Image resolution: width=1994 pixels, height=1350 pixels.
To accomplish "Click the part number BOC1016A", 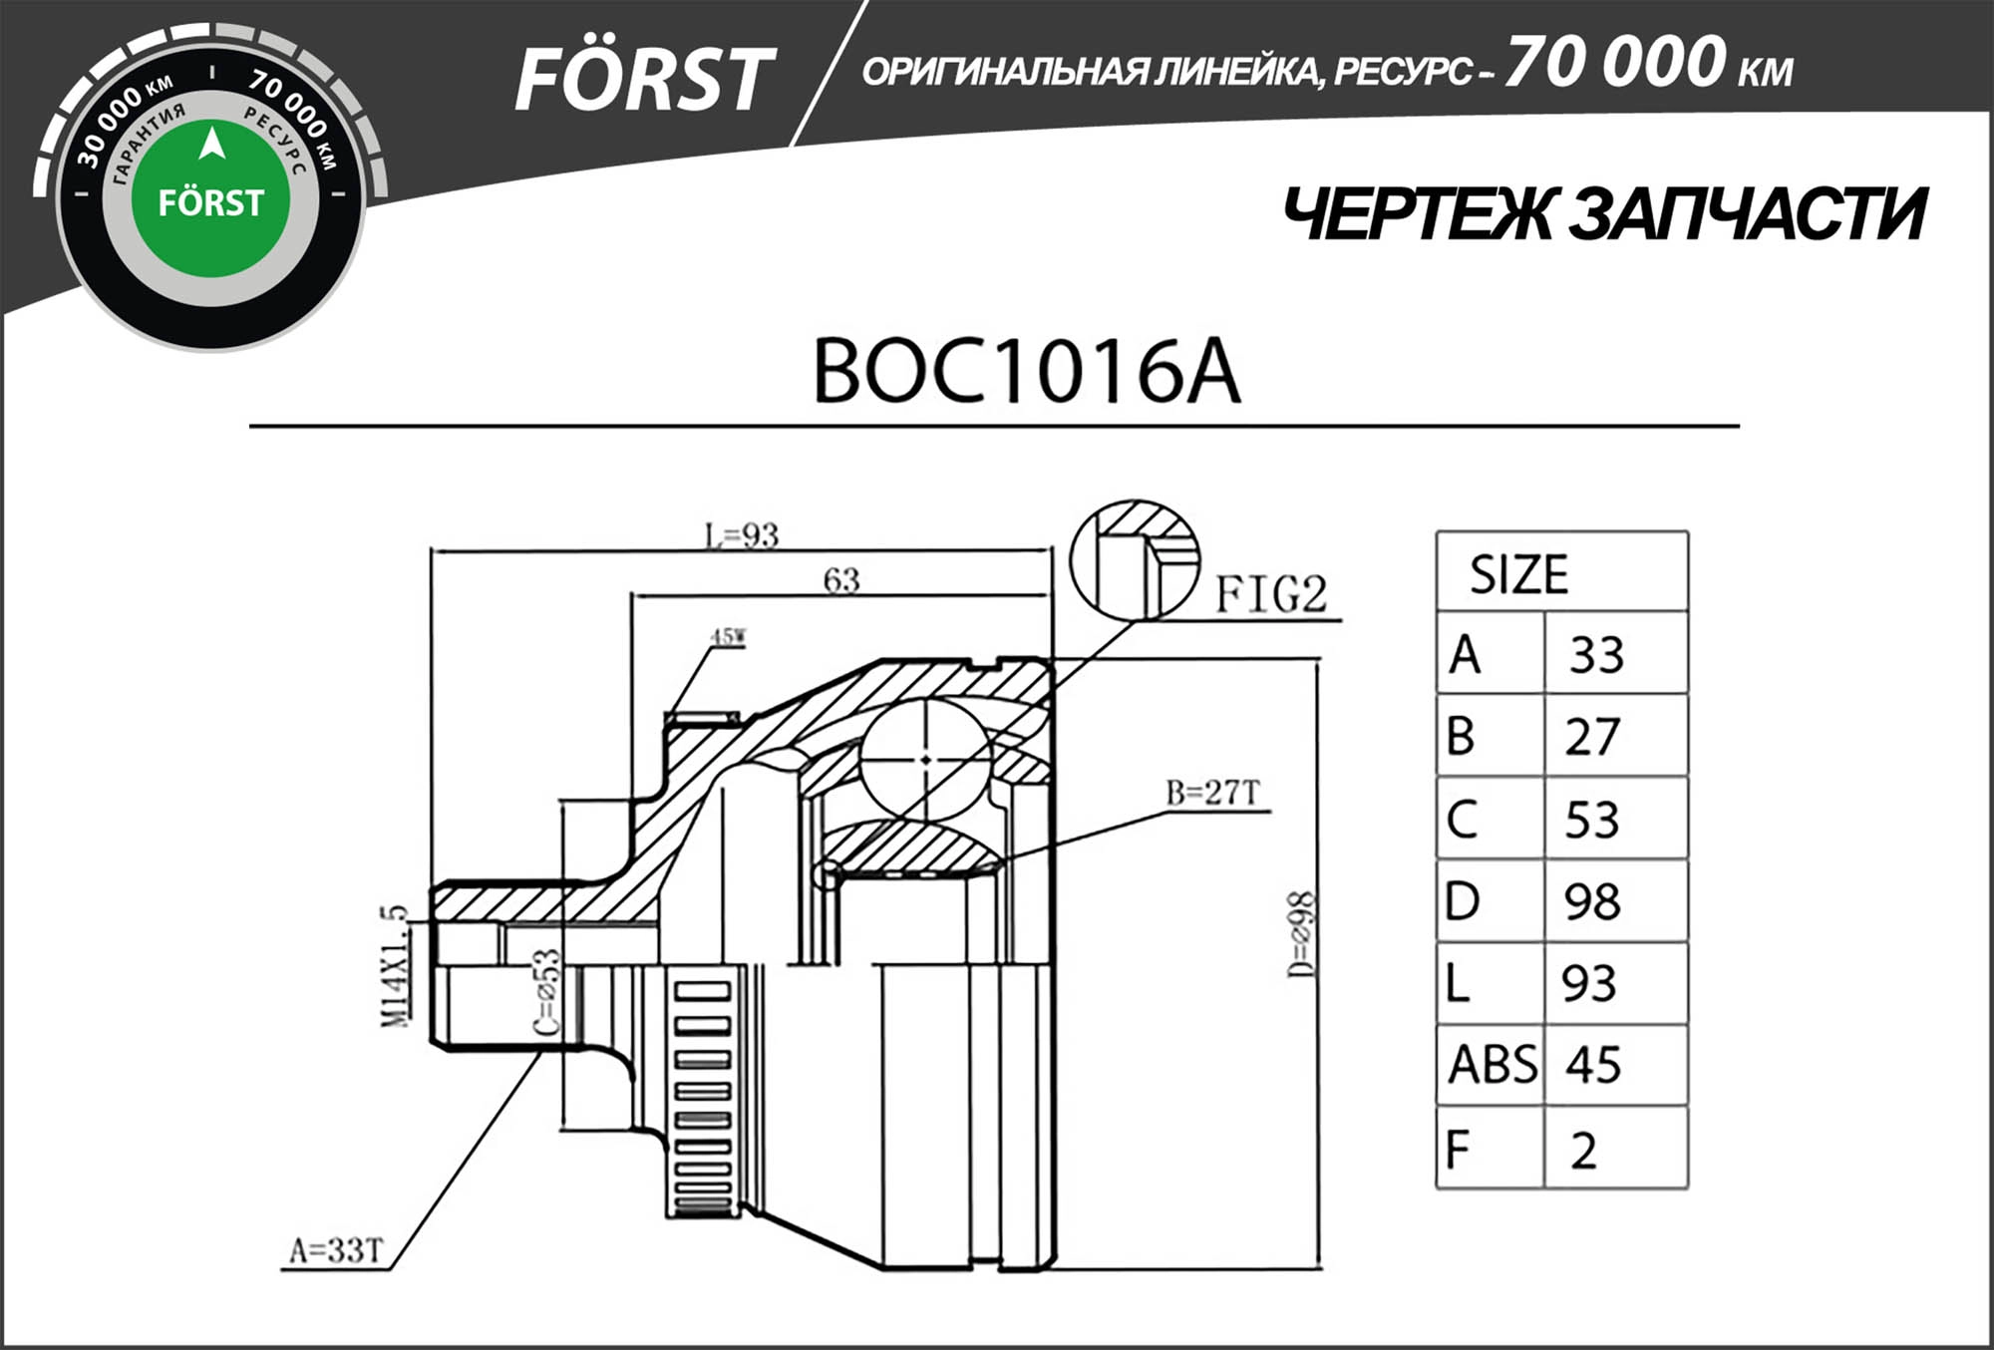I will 1026,371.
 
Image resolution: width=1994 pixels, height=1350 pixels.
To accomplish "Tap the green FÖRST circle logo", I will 210,200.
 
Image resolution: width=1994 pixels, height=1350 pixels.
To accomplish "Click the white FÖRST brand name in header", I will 644,80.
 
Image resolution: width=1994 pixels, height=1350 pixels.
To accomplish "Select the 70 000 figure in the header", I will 1614,62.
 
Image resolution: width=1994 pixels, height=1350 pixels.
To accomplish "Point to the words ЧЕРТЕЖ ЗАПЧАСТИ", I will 1603,214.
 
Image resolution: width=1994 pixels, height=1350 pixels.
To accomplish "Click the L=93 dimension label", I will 742,535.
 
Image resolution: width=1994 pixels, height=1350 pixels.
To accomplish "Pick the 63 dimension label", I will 841,579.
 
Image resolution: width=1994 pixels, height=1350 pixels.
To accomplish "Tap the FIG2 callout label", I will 1271,595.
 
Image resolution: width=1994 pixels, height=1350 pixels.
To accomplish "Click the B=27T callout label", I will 1213,793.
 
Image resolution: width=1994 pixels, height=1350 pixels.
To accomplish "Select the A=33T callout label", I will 336,1250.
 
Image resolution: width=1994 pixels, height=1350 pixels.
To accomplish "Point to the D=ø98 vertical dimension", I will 1301,935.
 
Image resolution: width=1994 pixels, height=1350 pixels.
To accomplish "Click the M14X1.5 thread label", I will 395,966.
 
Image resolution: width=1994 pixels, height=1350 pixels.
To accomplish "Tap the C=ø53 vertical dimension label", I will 547,992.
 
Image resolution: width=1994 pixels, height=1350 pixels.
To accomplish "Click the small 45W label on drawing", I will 728,636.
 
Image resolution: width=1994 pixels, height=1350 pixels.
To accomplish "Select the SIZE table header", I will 1518,574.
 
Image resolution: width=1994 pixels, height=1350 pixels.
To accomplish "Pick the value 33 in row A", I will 1597,655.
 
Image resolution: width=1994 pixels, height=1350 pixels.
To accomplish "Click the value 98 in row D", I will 1592,901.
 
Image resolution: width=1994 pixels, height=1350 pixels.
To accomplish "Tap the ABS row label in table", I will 1492,1065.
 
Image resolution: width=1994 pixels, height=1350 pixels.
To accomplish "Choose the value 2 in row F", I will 1583,1151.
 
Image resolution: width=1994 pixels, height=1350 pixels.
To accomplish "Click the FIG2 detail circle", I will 1135,561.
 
